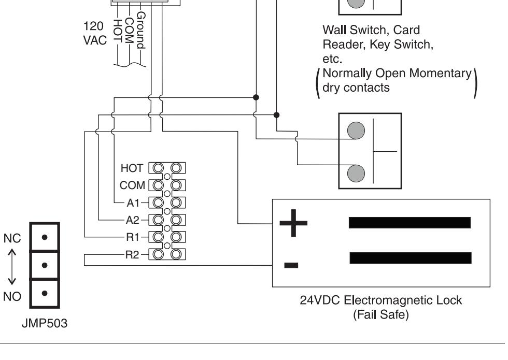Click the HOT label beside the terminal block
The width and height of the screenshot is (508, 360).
click(x=132, y=168)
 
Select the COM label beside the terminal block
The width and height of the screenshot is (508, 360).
click(x=132, y=185)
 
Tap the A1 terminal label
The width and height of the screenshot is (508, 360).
click(x=133, y=203)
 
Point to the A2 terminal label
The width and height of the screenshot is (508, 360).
click(x=133, y=220)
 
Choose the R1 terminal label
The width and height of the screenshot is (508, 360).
click(x=133, y=237)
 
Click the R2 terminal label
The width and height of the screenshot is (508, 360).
click(x=132, y=255)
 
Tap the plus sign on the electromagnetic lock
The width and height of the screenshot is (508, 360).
click(x=293, y=223)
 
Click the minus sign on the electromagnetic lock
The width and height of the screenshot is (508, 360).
click(x=291, y=265)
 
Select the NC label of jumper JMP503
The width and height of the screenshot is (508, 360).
click(x=12, y=239)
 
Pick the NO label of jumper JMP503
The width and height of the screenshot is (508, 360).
click(x=12, y=296)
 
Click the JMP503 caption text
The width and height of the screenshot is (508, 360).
click(x=45, y=323)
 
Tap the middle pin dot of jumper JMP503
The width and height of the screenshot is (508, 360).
click(x=45, y=265)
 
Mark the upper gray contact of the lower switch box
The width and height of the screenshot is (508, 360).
click(x=356, y=131)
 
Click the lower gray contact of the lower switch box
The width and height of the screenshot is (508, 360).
click(x=356, y=174)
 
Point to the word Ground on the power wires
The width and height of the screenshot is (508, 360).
click(x=141, y=30)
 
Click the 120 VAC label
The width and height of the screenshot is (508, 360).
click(x=95, y=33)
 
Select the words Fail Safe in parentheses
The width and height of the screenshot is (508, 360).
click(x=381, y=315)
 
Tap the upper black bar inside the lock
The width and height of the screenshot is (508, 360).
click(x=410, y=223)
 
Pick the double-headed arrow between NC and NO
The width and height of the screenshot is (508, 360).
click(x=12, y=267)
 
